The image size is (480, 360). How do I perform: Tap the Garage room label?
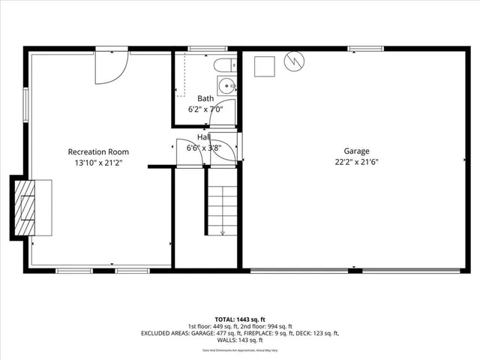[356, 150]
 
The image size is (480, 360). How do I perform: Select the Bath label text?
[205, 98]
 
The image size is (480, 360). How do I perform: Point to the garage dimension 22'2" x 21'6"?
[356, 161]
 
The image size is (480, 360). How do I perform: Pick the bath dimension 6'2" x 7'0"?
[205, 109]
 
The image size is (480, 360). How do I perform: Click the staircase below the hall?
[222, 210]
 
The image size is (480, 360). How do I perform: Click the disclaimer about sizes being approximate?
[239, 349]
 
